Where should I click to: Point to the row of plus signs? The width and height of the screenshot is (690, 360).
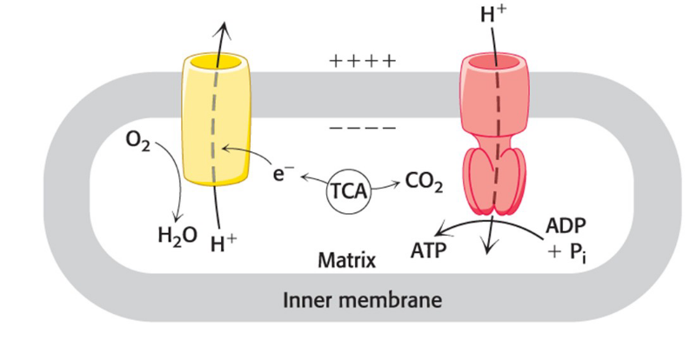(x=364, y=63)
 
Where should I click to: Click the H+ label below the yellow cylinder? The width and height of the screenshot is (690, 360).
(x=224, y=240)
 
